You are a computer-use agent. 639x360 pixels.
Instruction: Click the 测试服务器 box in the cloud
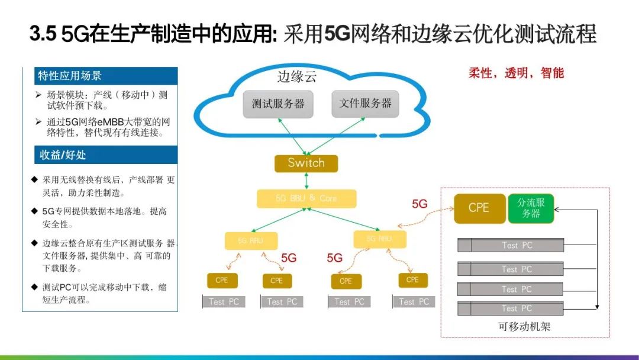pyautogui.click(x=278, y=104)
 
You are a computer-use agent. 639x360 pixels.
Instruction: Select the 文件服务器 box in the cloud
pyautogui.click(x=365, y=104)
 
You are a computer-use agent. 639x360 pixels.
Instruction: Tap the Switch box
pyautogui.click(x=306, y=163)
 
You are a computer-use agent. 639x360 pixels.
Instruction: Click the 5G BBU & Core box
pyautogui.click(x=306, y=199)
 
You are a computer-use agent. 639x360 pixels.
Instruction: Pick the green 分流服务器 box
pyautogui.click(x=531, y=208)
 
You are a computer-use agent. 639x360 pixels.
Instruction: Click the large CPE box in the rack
pyautogui.click(x=479, y=208)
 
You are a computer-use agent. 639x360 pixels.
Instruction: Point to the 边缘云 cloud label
pyautogui.click(x=298, y=77)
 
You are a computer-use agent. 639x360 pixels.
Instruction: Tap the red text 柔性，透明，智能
pyautogui.click(x=516, y=73)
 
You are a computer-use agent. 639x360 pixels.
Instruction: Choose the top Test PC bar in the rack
pyautogui.click(x=511, y=245)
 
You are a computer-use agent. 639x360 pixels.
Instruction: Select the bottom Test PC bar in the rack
pyautogui.click(x=511, y=308)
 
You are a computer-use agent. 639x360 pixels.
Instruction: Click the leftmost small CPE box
pyautogui.click(x=221, y=280)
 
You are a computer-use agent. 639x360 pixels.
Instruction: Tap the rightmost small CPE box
pyautogui.click(x=412, y=279)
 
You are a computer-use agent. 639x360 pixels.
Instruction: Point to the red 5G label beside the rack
pyautogui.click(x=419, y=204)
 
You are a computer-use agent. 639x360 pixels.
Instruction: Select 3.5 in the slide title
pyautogui.click(x=43, y=34)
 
